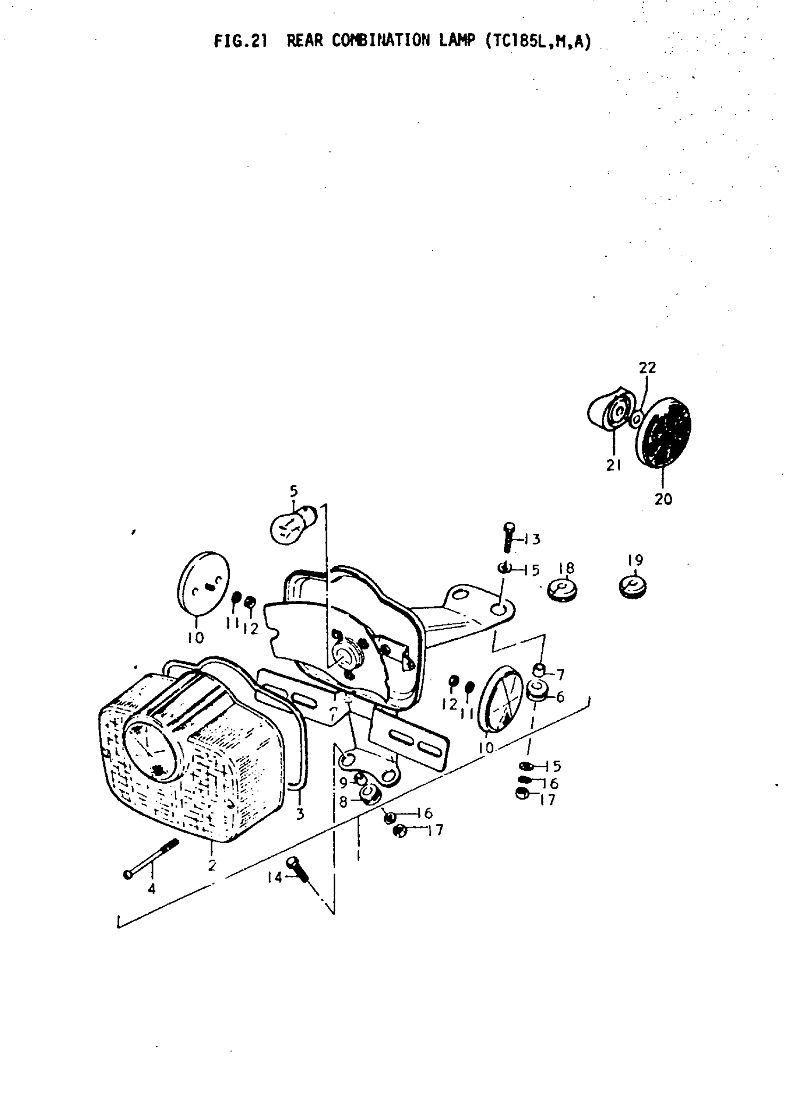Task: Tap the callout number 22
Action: [647, 368]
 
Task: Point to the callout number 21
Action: [613, 465]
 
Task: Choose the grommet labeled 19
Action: [633, 587]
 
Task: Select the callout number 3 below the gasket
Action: [300, 814]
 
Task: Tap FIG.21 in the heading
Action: [240, 41]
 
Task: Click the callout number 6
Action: [560, 697]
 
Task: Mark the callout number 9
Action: [343, 783]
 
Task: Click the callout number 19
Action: [635, 560]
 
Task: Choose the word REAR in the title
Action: [305, 41]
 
